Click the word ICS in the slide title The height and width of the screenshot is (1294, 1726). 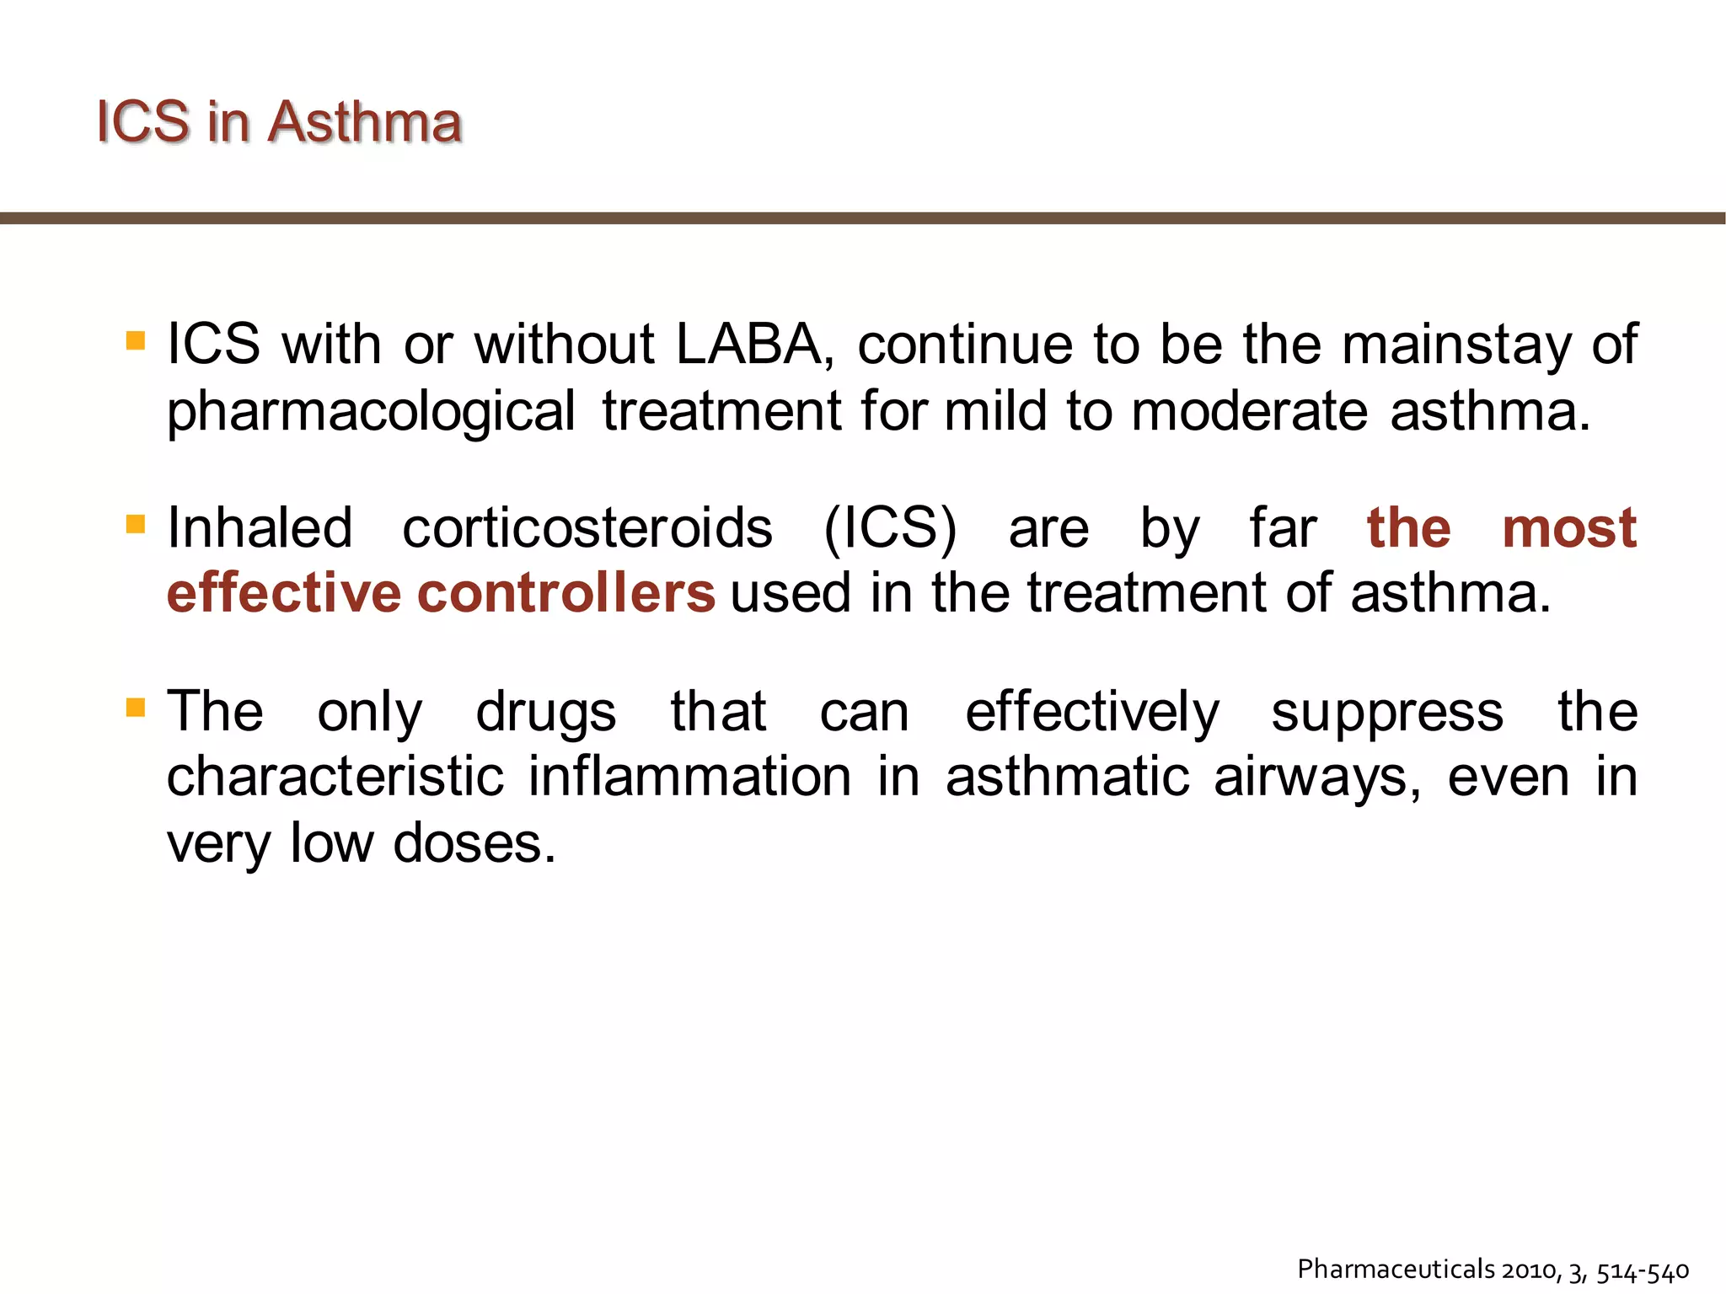click(142, 122)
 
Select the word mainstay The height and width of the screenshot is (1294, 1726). click(1455, 346)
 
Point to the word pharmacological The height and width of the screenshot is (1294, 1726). click(371, 413)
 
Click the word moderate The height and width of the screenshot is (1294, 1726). click(1249, 411)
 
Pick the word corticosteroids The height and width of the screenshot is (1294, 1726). click(587, 528)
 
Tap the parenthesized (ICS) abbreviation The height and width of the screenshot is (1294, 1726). click(890, 528)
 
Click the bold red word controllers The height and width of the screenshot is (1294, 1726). click(566, 593)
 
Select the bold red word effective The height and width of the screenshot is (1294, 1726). click(283, 593)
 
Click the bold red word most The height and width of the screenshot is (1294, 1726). click(1569, 528)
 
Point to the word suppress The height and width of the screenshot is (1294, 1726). click(1387, 712)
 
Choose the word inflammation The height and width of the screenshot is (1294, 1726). click(689, 776)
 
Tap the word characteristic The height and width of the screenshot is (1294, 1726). click(335, 776)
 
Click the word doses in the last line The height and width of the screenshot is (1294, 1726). click(474, 842)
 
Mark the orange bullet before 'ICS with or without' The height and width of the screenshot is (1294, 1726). click(136, 340)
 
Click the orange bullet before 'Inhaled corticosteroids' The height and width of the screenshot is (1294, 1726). click(136, 524)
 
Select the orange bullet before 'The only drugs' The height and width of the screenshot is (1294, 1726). click(136, 707)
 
